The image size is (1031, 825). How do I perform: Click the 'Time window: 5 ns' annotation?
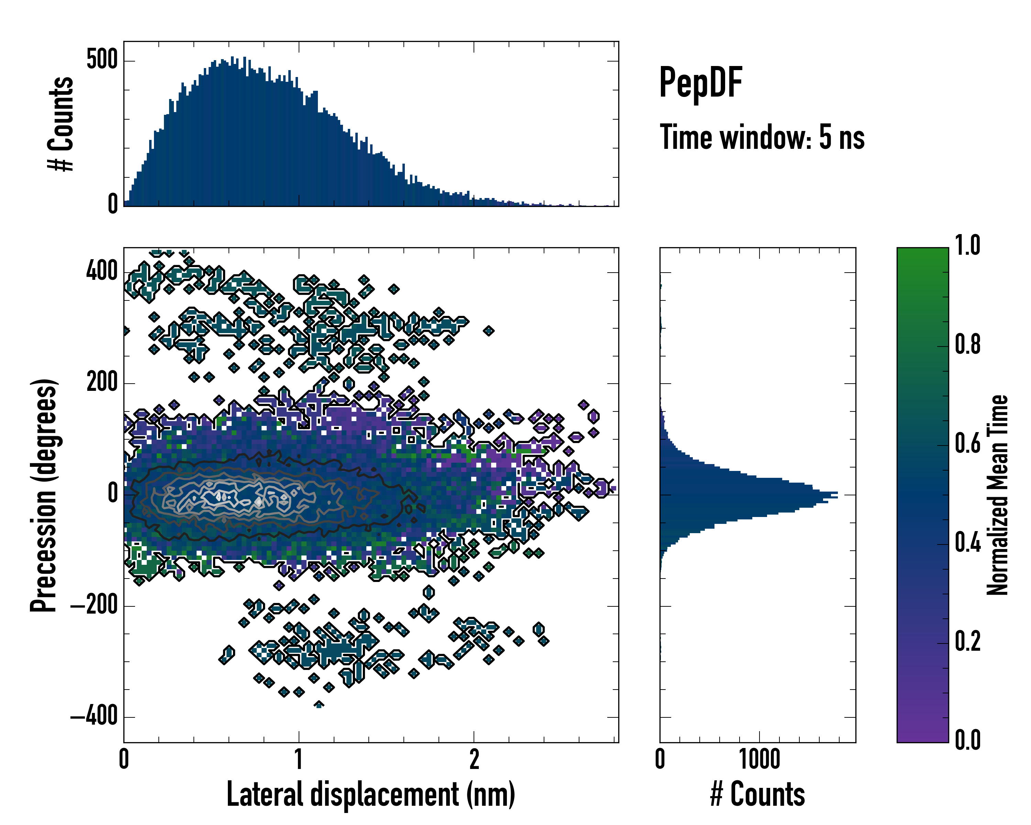point(762,137)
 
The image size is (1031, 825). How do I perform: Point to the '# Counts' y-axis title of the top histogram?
point(61,124)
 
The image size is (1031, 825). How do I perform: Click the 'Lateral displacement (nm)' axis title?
point(370,794)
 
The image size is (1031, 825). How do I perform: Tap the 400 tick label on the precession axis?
point(102,272)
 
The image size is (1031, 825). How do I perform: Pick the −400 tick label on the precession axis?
point(94,717)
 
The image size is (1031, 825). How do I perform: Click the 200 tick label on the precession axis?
point(102,383)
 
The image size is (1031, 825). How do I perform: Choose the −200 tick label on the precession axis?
point(94,606)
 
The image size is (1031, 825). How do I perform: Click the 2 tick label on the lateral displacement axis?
point(474,759)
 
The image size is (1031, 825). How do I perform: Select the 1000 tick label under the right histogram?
point(760,759)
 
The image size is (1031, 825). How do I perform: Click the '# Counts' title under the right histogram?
point(757,794)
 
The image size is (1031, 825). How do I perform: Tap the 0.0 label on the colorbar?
point(968,740)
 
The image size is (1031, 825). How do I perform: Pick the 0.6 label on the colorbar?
point(968,444)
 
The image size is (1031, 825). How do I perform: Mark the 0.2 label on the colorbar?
point(968,641)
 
